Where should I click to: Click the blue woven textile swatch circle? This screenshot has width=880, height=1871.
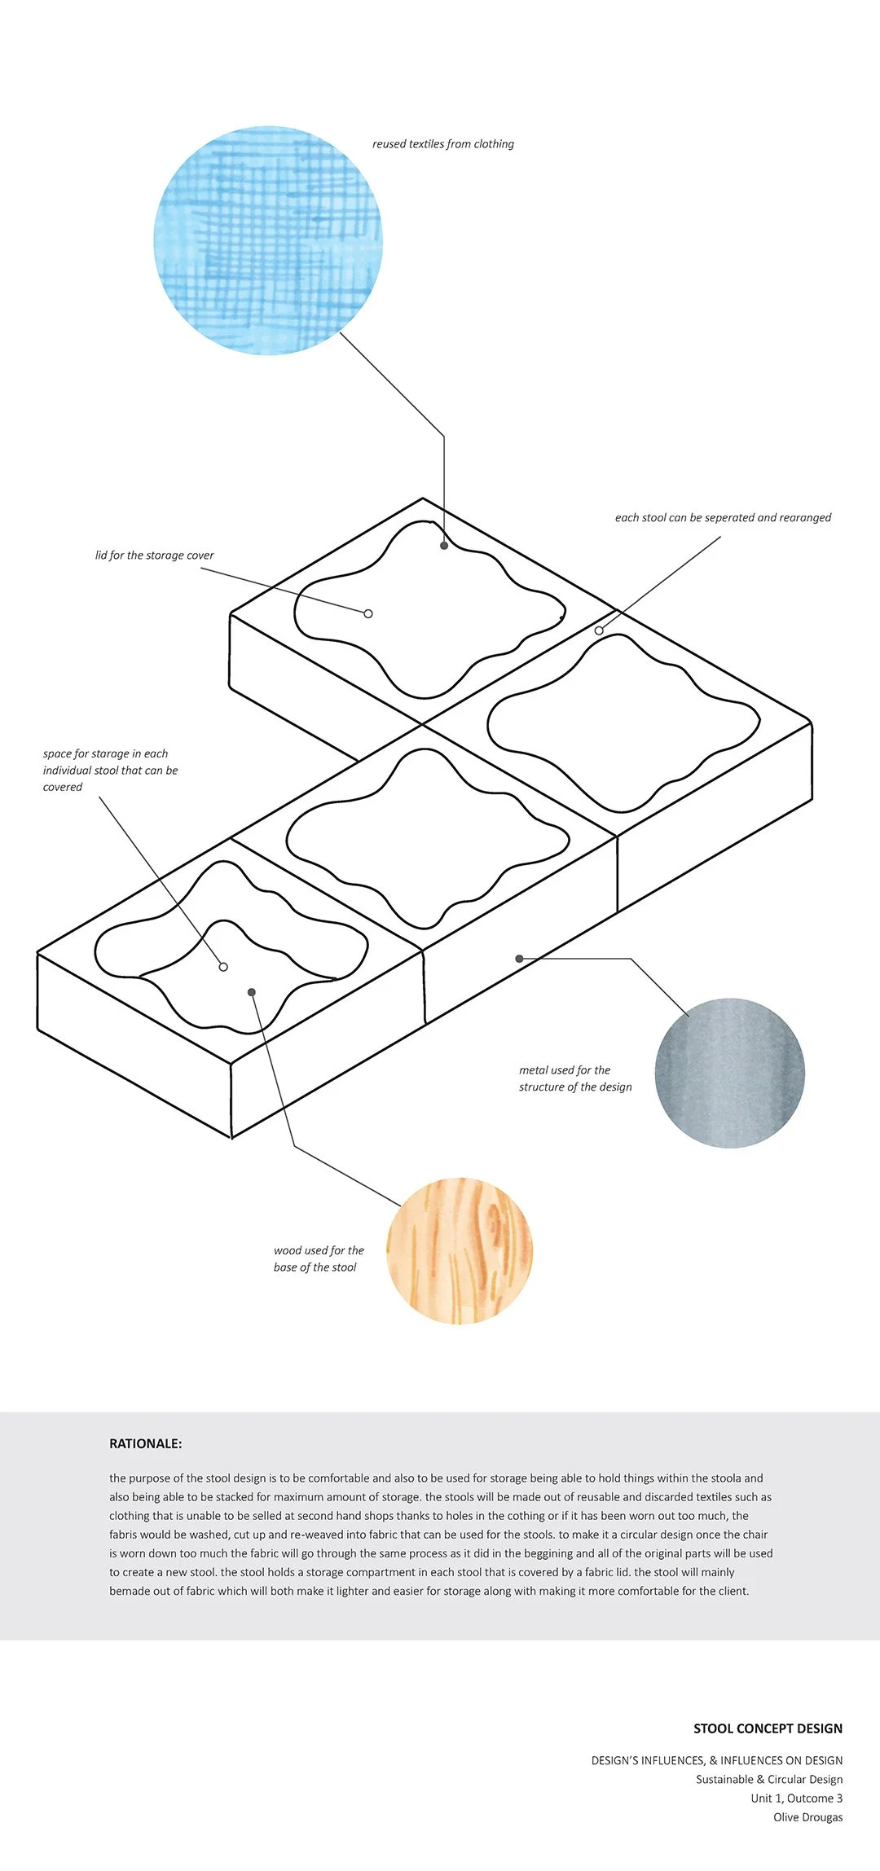(268, 240)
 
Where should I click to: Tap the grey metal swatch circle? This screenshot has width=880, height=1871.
(729, 1073)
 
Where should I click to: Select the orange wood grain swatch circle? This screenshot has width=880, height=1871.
(459, 1250)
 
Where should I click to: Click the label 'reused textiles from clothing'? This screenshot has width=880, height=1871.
(443, 144)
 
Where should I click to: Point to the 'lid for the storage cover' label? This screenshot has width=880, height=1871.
(154, 556)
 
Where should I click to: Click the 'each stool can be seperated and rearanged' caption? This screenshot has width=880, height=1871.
(723, 518)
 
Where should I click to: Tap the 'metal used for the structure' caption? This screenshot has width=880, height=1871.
(575, 1078)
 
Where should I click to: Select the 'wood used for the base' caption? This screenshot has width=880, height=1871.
(319, 1258)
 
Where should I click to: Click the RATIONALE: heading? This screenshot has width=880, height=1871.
(145, 1443)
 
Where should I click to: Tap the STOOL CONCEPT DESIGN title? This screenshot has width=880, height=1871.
(768, 1728)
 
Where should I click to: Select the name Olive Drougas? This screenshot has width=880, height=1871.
(807, 1816)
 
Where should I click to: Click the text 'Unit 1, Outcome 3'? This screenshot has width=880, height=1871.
(796, 1798)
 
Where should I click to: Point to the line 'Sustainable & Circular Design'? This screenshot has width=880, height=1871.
(768, 1779)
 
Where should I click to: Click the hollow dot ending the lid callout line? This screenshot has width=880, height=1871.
(368, 613)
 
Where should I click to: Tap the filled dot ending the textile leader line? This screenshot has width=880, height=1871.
(444, 545)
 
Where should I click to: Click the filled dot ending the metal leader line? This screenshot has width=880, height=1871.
(519, 959)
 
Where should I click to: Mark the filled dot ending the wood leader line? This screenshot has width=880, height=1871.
(252, 992)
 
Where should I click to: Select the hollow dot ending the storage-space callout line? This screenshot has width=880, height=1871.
(223, 967)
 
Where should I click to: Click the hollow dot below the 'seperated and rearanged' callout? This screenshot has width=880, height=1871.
(599, 630)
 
